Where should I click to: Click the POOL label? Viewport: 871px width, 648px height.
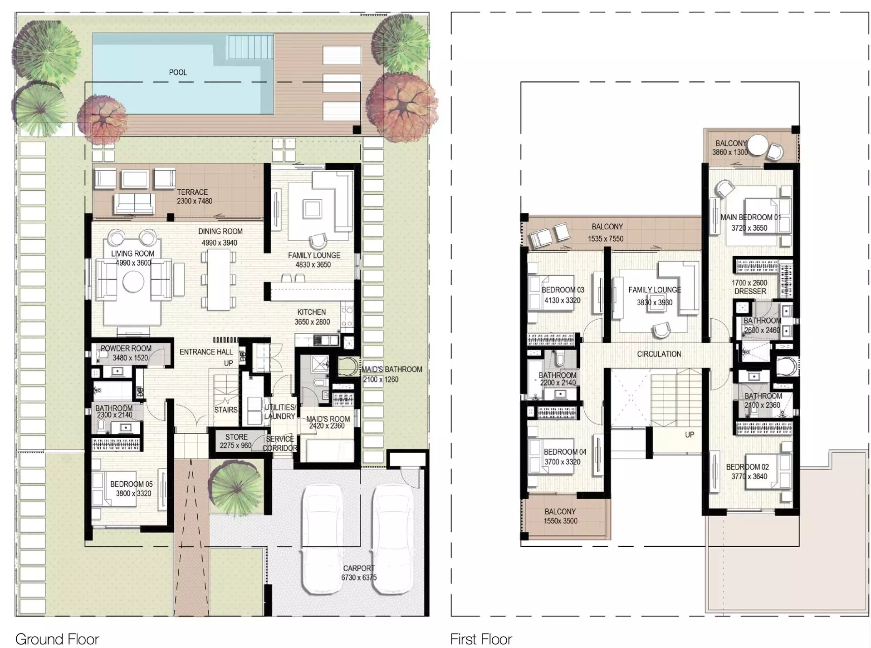(x=178, y=72)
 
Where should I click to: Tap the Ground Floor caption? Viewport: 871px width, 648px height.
(x=57, y=638)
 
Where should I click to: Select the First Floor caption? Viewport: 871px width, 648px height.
(x=481, y=638)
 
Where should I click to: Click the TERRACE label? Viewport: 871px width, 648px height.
(x=192, y=192)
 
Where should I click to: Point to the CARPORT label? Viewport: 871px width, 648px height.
(x=359, y=568)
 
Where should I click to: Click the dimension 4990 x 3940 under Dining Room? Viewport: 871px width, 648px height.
(x=220, y=243)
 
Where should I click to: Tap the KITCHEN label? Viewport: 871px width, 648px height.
(x=312, y=312)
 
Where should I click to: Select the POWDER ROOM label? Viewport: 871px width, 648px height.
(x=126, y=348)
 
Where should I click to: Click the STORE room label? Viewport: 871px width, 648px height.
(x=236, y=437)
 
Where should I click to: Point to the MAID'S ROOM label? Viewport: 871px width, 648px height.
(x=328, y=419)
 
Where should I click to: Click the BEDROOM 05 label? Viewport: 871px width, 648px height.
(x=132, y=485)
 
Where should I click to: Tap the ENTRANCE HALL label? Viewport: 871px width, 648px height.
(x=206, y=352)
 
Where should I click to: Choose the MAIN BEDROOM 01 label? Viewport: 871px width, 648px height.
(x=751, y=217)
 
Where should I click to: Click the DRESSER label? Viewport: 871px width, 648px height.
(x=750, y=291)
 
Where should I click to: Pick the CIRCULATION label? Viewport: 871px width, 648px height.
(x=659, y=354)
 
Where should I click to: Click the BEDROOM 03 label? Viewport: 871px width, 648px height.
(x=563, y=290)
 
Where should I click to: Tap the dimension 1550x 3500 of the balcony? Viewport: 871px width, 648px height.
(x=561, y=521)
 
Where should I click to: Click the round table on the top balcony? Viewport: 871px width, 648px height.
(x=757, y=146)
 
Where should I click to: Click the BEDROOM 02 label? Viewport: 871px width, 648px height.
(x=748, y=467)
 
